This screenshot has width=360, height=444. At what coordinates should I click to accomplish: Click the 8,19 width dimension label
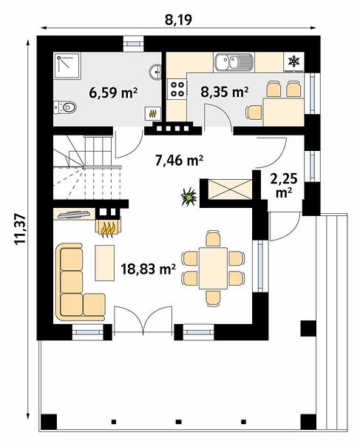coord(178,20)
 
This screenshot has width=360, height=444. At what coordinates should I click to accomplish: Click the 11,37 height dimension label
coord(21,229)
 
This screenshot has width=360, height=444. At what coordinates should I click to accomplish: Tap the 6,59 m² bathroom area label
coord(113,92)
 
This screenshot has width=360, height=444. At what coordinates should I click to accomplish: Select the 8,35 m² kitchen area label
coord(225,92)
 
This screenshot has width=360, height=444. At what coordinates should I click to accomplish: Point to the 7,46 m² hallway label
coord(180,161)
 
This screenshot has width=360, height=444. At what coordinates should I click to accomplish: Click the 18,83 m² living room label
coord(148,269)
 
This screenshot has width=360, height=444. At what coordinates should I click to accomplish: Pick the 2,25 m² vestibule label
coord(284,186)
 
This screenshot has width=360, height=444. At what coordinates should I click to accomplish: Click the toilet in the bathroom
coord(65,107)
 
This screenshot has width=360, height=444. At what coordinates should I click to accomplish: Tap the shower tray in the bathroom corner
coord(67,66)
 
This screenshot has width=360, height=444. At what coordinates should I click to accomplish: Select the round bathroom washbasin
coord(155,72)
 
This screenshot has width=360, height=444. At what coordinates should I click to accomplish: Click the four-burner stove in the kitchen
coord(177,89)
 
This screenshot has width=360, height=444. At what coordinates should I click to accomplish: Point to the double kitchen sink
coord(234,62)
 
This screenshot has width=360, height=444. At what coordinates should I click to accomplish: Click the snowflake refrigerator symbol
coord(293,61)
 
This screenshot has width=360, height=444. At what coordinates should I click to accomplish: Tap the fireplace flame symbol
coord(108,230)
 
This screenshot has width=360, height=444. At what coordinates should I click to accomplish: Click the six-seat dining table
coord(213,268)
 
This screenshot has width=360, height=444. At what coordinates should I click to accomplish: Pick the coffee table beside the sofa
coord(105,263)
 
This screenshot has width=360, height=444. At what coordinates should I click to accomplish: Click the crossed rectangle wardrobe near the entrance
coord(229,189)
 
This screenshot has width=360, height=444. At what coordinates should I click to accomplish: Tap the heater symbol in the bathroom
coord(153,113)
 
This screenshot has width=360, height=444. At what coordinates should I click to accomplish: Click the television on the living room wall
coord(75,215)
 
